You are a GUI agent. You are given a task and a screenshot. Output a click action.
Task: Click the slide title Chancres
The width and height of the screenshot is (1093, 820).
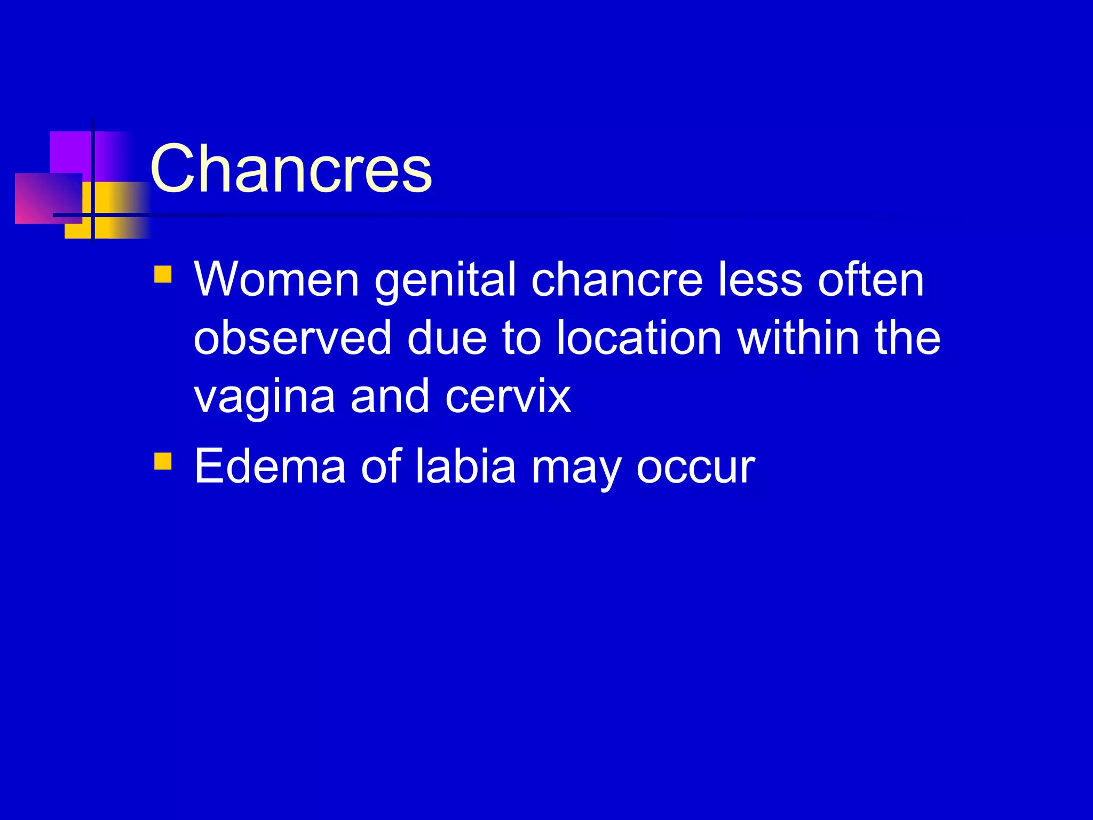[291, 169]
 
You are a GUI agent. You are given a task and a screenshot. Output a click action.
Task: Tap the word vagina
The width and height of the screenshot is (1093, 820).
[265, 398]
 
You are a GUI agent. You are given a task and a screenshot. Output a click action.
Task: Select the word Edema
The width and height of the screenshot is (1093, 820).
[270, 466]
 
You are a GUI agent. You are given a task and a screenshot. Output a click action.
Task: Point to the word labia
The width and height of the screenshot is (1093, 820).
[465, 466]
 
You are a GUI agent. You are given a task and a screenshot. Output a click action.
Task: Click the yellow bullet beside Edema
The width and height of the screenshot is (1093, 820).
[163, 461]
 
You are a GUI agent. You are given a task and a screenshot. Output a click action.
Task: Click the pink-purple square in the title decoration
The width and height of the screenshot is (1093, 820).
[48, 198]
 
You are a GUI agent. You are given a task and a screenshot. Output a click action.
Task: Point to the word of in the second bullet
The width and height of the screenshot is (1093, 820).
[381, 466]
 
